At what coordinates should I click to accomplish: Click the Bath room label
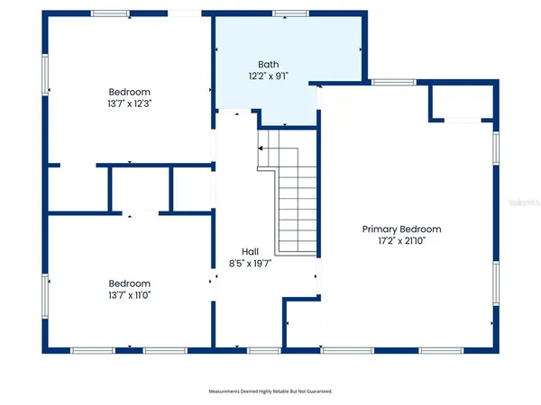[x=269, y=64]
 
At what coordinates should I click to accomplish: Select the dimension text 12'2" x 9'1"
[x=269, y=76]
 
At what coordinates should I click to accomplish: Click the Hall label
[x=250, y=252]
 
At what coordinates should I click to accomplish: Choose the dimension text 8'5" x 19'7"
[x=250, y=265]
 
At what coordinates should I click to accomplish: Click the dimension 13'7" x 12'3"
[x=130, y=104]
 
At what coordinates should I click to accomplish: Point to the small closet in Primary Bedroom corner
[x=463, y=102]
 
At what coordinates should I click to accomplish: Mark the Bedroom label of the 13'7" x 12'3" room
[x=130, y=92]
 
